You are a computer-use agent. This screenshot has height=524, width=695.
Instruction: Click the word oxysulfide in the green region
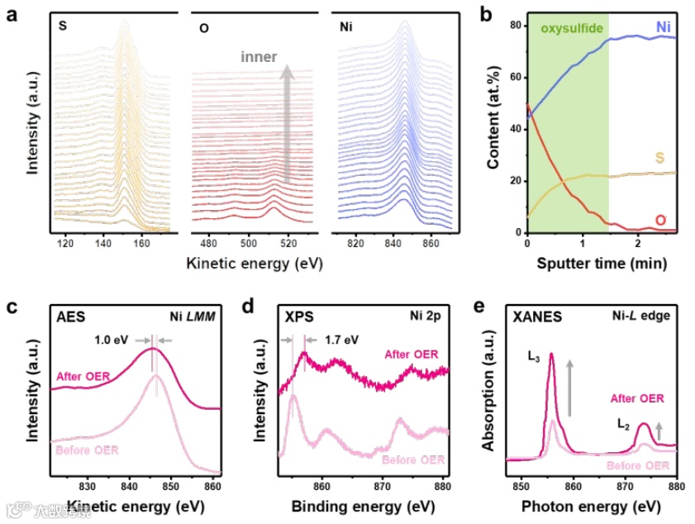[x=571, y=30]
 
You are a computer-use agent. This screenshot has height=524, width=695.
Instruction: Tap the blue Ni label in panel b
[x=664, y=27]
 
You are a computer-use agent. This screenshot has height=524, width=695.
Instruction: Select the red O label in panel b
[x=660, y=220]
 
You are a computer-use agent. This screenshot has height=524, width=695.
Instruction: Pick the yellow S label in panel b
[x=660, y=157]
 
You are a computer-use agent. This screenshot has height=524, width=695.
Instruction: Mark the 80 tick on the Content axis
[x=516, y=26]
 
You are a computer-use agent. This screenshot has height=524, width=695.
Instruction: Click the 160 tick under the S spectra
[x=141, y=245]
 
